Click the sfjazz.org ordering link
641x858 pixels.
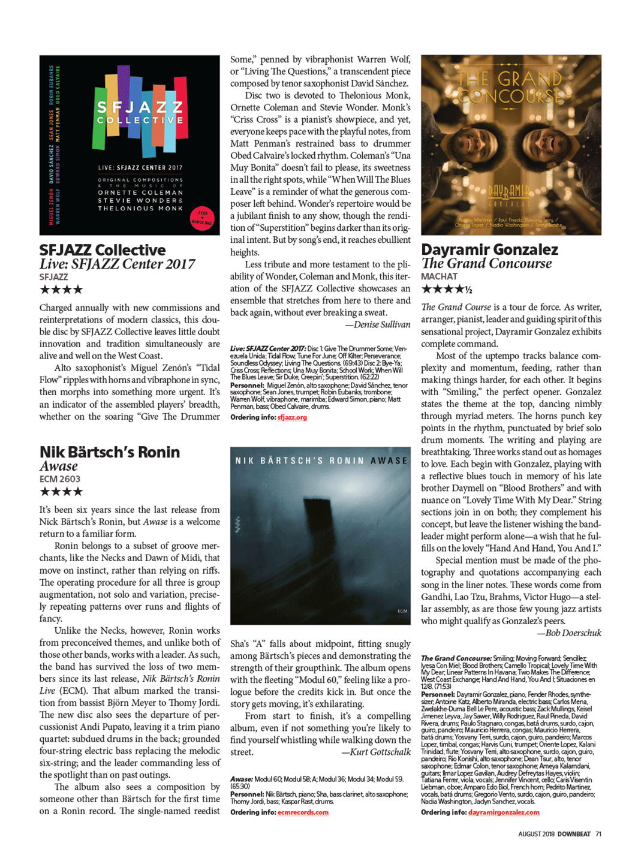[292, 417]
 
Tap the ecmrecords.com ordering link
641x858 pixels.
[303, 812]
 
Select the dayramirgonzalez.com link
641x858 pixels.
[504, 812]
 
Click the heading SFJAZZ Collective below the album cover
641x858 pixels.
[103, 250]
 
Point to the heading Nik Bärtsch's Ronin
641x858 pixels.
[110, 452]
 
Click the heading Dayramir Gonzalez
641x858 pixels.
[489, 249]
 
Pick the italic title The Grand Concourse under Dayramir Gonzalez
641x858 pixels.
[486, 263]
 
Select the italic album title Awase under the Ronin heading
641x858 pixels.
[59, 466]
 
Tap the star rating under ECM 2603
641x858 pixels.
[61, 492]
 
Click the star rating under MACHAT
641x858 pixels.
[447, 290]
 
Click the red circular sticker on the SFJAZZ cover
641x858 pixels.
[201, 218]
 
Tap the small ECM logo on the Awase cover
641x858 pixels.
[402, 611]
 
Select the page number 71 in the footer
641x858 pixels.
[598, 834]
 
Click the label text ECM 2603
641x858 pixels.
[60, 479]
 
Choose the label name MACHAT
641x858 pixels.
[439, 276]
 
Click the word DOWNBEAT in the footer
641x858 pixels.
[574, 834]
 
